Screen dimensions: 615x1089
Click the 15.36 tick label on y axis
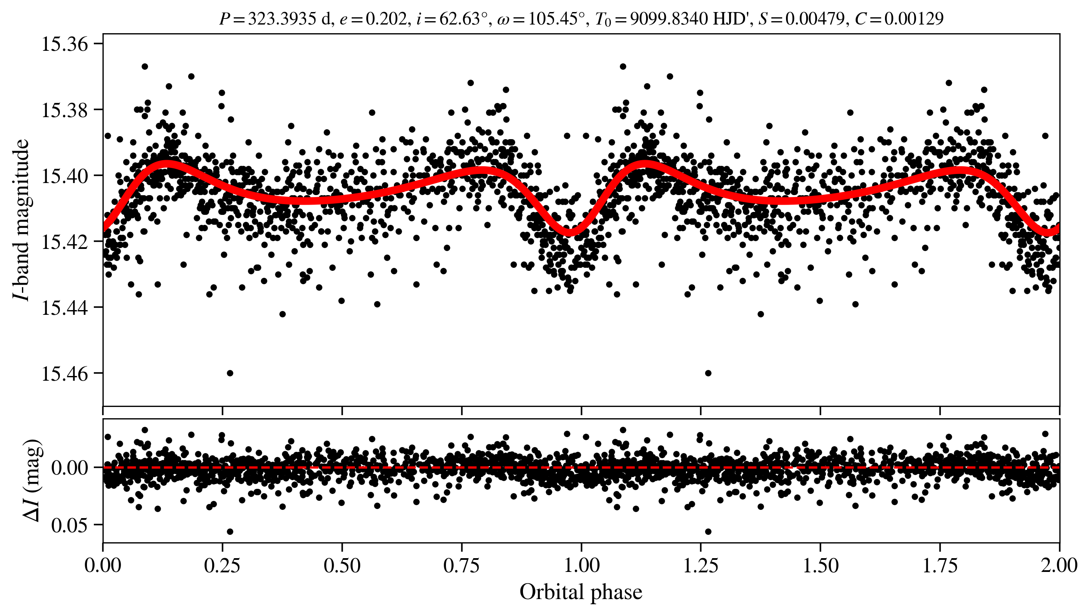point(64,44)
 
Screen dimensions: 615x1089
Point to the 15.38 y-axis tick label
point(64,110)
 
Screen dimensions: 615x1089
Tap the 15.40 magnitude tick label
point(64,176)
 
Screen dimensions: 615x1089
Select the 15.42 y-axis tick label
point(64,242)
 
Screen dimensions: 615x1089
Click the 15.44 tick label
point(64,307)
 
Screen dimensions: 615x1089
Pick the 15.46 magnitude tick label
point(64,373)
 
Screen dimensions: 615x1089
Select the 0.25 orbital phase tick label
point(222,565)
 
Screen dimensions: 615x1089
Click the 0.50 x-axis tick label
point(342,565)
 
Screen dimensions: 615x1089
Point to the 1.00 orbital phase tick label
point(581,565)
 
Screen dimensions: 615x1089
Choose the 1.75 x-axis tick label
point(940,565)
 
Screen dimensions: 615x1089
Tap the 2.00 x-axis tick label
point(1059,565)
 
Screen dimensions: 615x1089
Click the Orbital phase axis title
point(581,592)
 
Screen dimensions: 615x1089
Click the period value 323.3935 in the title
point(282,19)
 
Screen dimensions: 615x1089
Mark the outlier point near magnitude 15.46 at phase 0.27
point(230,373)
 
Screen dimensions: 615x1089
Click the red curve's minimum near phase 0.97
point(569,233)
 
